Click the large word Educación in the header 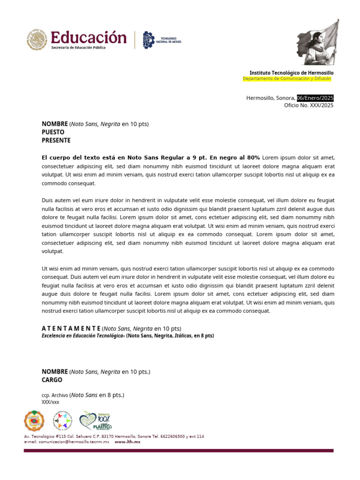pyautogui.click(x=89, y=37)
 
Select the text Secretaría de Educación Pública pyautogui.click(x=78, y=48)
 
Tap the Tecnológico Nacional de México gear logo pyautogui.click(x=148, y=40)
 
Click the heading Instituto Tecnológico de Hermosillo pyautogui.click(x=291, y=73)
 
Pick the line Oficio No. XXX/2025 pyautogui.click(x=308, y=105)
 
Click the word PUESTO pyautogui.click(x=53, y=132)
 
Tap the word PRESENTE pyautogui.click(x=56, y=140)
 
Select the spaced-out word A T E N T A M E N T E pyautogui.click(x=71, y=328)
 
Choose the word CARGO pyautogui.click(x=52, y=380)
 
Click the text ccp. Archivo pyautogui.click(x=55, y=395)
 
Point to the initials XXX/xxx pyautogui.click(x=51, y=402)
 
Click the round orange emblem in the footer pyautogui.click(x=35, y=420)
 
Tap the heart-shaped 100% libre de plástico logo pyautogui.click(x=95, y=421)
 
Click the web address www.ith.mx pyautogui.click(x=127, y=442)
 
